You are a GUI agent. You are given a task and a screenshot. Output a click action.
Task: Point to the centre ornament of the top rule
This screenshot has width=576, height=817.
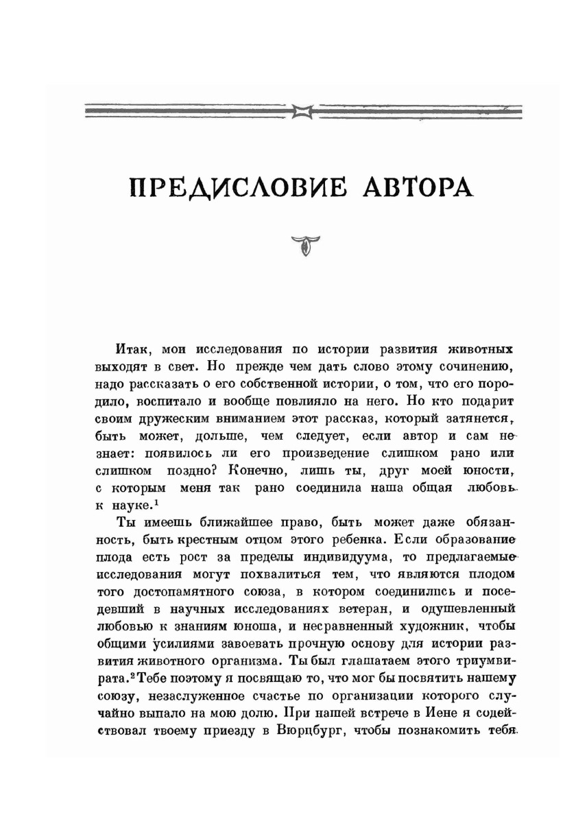point(302,109)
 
